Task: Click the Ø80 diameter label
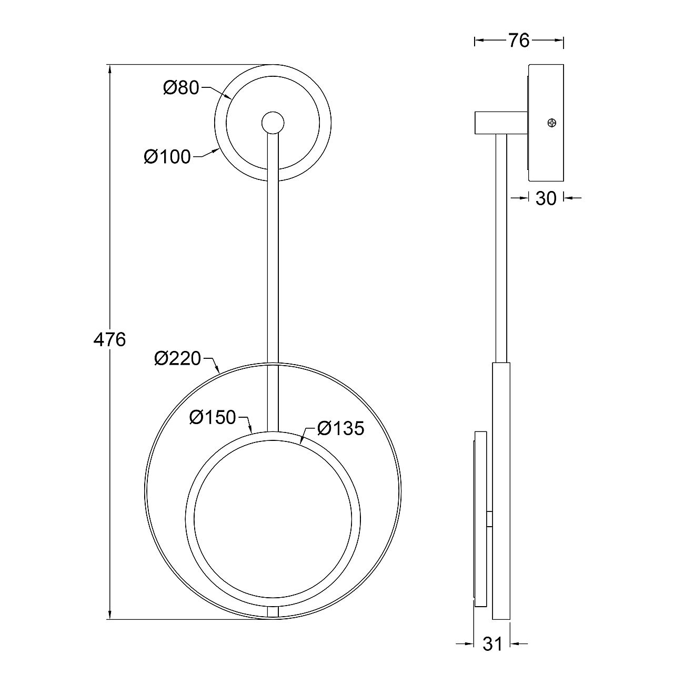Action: tap(181, 88)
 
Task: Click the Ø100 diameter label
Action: tap(167, 157)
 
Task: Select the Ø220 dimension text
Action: tap(177, 358)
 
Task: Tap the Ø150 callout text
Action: tap(213, 417)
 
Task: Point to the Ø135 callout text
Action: tap(341, 428)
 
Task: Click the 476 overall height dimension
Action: tap(109, 340)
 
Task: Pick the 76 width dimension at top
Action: tap(519, 41)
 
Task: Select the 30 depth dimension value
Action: tap(546, 198)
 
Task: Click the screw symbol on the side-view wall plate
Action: tap(551, 123)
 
